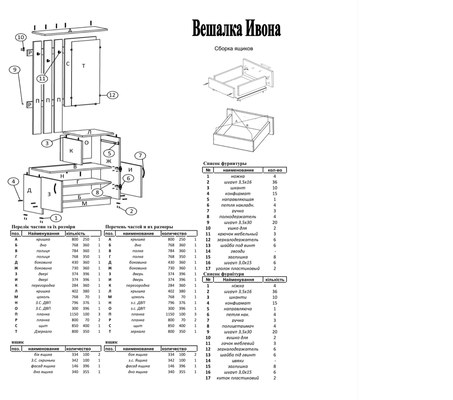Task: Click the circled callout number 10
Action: (21, 37)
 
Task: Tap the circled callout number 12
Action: (112, 95)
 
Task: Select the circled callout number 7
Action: (140, 155)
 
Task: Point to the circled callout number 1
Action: (55, 218)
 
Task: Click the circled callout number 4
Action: (13, 181)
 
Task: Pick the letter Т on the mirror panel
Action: (84, 66)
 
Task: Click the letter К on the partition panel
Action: (71, 151)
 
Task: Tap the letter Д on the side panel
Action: (29, 190)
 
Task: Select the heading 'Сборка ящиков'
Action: (234, 49)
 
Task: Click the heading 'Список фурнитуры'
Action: (225, 163)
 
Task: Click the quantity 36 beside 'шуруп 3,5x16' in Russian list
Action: (275, 182)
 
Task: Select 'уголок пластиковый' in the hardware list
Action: (238, 269)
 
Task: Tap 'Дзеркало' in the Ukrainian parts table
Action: (43, 331)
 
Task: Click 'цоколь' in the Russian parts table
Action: (138, 297)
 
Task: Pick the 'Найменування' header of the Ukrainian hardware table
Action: (238, 279)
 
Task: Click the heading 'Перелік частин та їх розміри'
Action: (43, 227)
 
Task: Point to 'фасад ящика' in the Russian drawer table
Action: (138, 366)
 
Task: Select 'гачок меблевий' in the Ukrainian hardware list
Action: (238, 343)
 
